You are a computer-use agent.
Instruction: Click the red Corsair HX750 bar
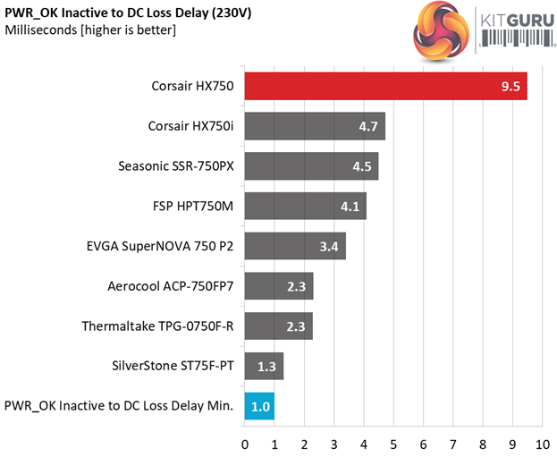(385, 87)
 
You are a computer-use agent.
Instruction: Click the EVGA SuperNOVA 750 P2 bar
(295, 246)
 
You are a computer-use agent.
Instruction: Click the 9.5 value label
(511, 87)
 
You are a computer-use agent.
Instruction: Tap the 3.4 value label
(329, 246)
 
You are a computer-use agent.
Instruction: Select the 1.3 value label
(267, 366)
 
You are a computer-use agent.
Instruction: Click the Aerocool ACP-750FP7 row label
(171, 286)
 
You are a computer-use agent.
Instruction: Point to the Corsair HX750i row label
(190, 126)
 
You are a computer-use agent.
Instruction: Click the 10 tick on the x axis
(542, 443)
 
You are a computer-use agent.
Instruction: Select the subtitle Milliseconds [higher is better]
(90, 31)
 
